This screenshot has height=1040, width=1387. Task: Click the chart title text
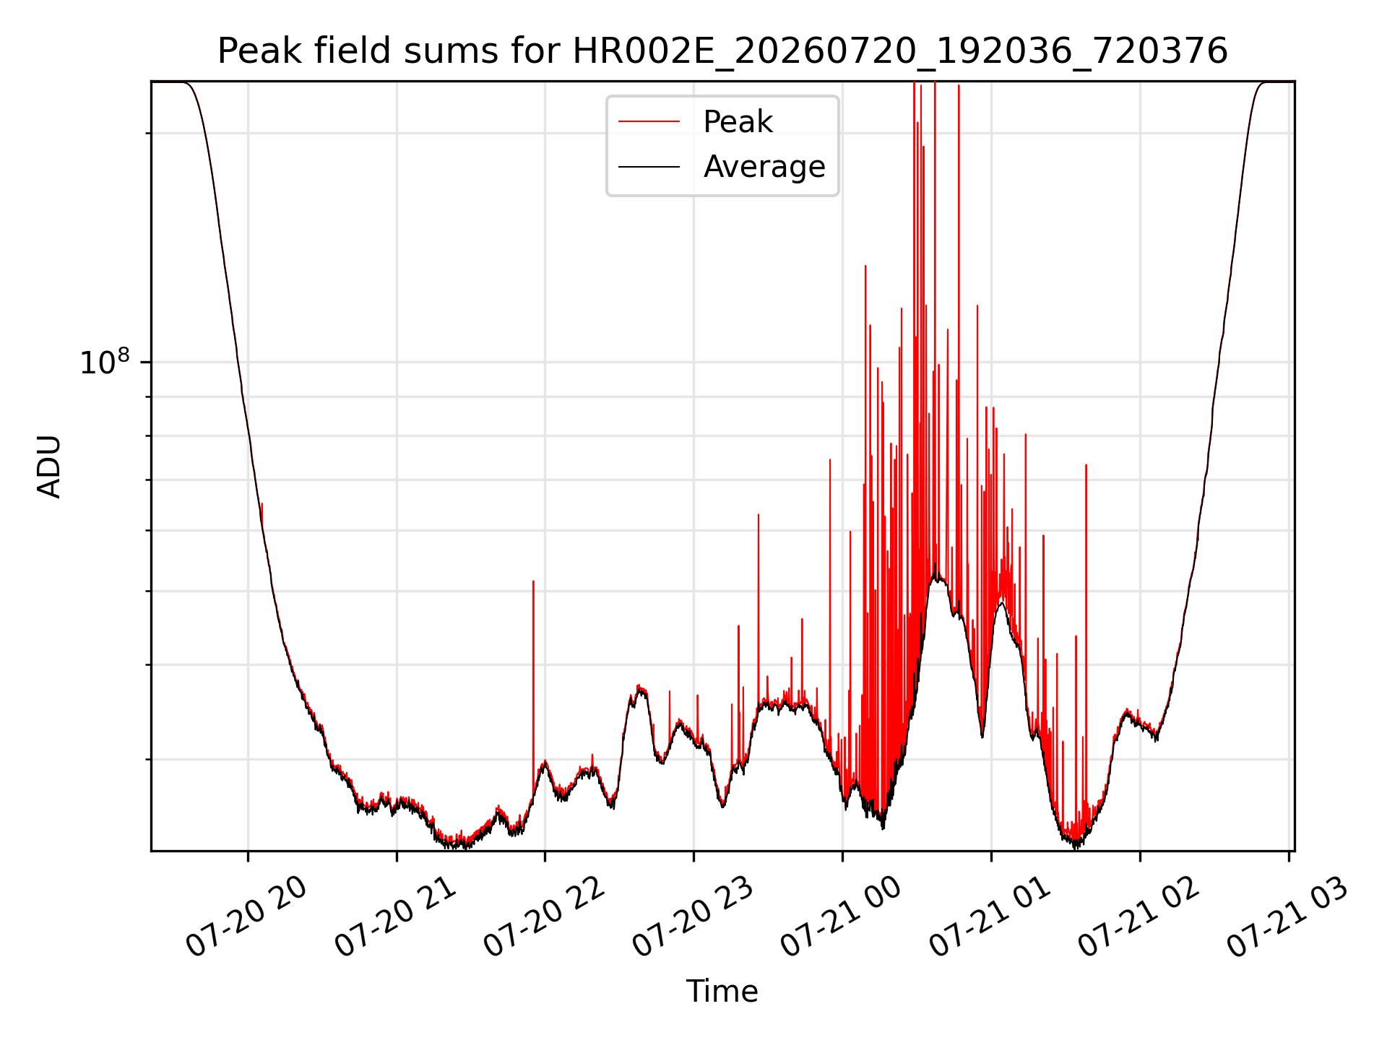pyautogui.click(x=722, y=51)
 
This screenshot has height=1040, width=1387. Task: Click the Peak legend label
pyautogui.click(x=738, y=122)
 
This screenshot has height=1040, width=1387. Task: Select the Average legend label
pyautogui.click(x=764, y=167)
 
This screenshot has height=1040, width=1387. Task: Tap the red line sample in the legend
pyautogui.click(x=649, y=122)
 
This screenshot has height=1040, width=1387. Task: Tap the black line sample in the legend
pyautogui.click(x=649, y=167)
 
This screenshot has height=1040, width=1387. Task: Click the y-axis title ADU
pyautogui.click(x=49, y=467)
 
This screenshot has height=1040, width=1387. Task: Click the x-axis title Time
pyautogui.click(x=722, y=992)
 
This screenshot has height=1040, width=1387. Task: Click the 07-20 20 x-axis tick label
pyautogui.click(x=247, y=917)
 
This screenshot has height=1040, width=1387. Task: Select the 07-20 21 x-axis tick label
pyautogui.click(x=396, y=917)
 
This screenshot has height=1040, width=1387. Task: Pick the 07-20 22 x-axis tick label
pyautogui.click(x=545, y=917)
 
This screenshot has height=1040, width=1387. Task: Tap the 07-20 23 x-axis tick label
pyautogui.click(x=693, y=917)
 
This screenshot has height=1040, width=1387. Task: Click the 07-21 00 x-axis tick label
pyautogui.click(x=842, y=917)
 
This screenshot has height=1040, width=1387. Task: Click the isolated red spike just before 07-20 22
pyautogui.click(x=533, y=686)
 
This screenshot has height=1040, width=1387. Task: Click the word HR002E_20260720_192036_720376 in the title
pyautogui.click(x=900, y=51)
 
